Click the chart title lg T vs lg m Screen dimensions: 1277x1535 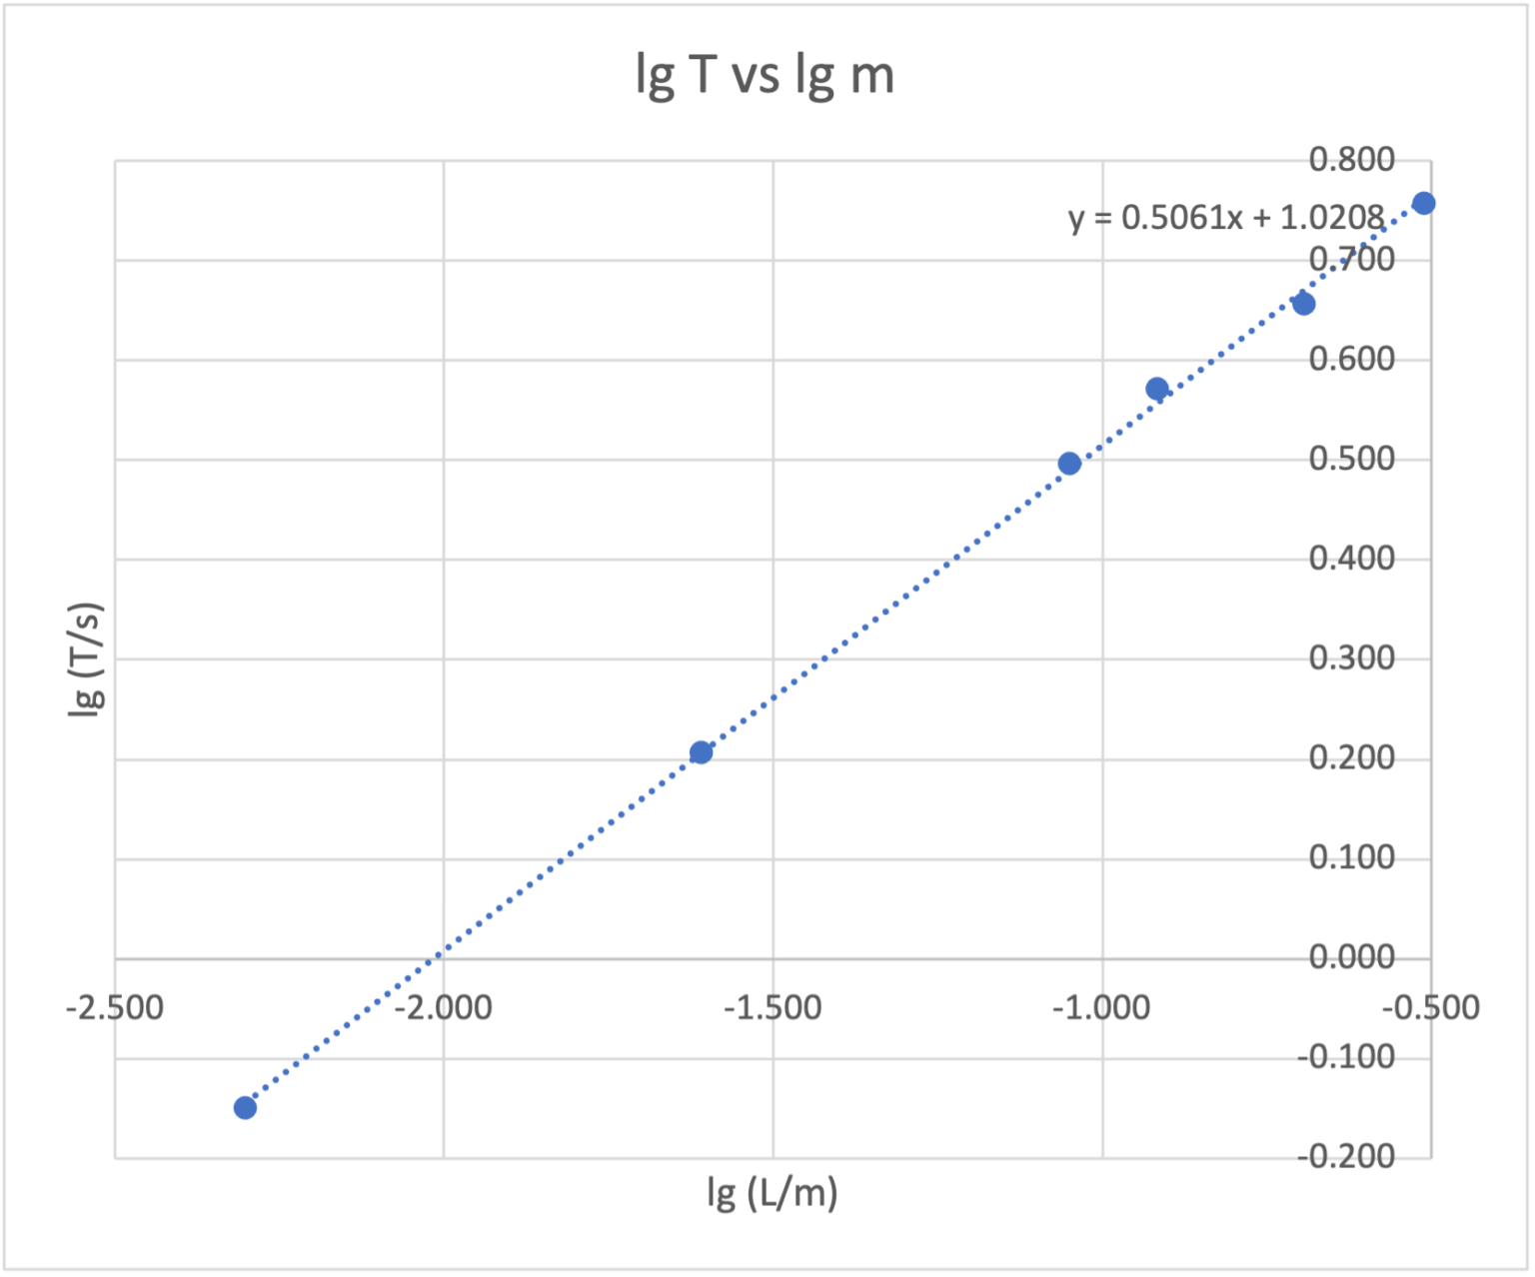(x=765, y=76)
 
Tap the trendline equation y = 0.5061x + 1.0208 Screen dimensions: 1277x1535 (x=1226, y=217)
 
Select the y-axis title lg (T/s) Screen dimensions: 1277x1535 (x=88, y=659)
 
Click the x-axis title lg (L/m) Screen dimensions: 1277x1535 (x=771, y=1192)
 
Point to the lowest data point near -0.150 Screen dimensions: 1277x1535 (x=245, y=1107)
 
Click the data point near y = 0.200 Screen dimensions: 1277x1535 (x=701, y=752)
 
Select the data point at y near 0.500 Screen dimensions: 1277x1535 (x=1069, y=464)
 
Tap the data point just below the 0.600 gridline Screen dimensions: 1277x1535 (x=1157, y=389)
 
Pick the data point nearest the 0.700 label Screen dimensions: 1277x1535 (x=1304, y=304)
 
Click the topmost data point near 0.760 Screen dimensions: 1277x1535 (x=1424, y=204)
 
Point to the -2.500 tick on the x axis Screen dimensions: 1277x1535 (x=114, y=1007)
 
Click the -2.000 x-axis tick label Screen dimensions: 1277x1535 (x=443, y=1007)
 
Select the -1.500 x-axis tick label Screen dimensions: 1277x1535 (x=771, y=1007)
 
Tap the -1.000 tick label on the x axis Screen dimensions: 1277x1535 (x=1100, y=1007)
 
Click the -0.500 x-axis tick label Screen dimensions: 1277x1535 (x=1430, y=1007)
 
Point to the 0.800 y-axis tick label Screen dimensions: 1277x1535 (x=1351, y=160)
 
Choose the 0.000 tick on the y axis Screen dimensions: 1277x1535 (x=1351, y=957)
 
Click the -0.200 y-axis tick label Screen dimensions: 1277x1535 (x=1345, y=1156)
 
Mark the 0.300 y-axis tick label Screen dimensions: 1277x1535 (x=1351, y=658)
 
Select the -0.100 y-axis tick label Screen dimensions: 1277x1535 (x=1345, y=1056)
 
